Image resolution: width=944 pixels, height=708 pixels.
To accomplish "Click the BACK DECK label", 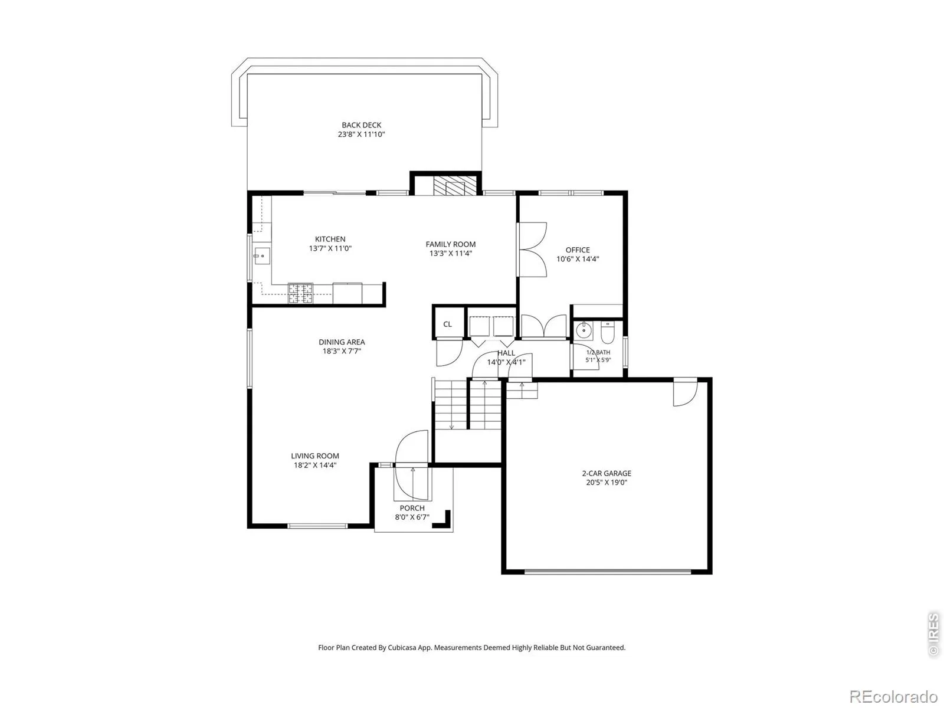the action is (x=361, y=124).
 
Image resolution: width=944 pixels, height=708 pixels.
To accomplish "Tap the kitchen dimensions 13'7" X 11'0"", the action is (x=330, y=248).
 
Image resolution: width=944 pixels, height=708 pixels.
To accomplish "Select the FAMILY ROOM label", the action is (x=451, y=244).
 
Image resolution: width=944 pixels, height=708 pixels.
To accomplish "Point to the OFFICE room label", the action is (x=578, y=250).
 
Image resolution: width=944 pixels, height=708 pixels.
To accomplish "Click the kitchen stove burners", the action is (x=300, y=293).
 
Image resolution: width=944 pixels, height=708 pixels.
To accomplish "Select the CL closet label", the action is (x=447, y=324).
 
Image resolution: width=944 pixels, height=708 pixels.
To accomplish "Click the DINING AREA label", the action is (x=342, y=342).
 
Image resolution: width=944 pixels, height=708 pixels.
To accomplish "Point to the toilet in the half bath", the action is (x=607, y=332).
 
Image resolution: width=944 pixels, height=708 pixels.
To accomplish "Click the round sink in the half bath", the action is (x=584, y=331).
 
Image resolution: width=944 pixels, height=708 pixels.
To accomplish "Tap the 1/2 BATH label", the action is (x=598, y=352).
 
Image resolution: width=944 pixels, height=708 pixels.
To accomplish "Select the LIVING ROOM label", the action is (x=315, y=455).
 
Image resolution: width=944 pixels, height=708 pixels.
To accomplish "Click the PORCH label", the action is (x=412, y=507).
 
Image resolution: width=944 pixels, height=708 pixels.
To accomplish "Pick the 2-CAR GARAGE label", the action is (x=607, y=473).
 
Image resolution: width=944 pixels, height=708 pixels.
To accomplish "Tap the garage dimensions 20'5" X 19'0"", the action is (x=607, y=482).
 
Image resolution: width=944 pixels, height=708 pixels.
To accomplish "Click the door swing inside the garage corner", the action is (x=685, y=392).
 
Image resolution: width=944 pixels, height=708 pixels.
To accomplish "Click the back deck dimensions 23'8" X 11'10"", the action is (x=361, y=134).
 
